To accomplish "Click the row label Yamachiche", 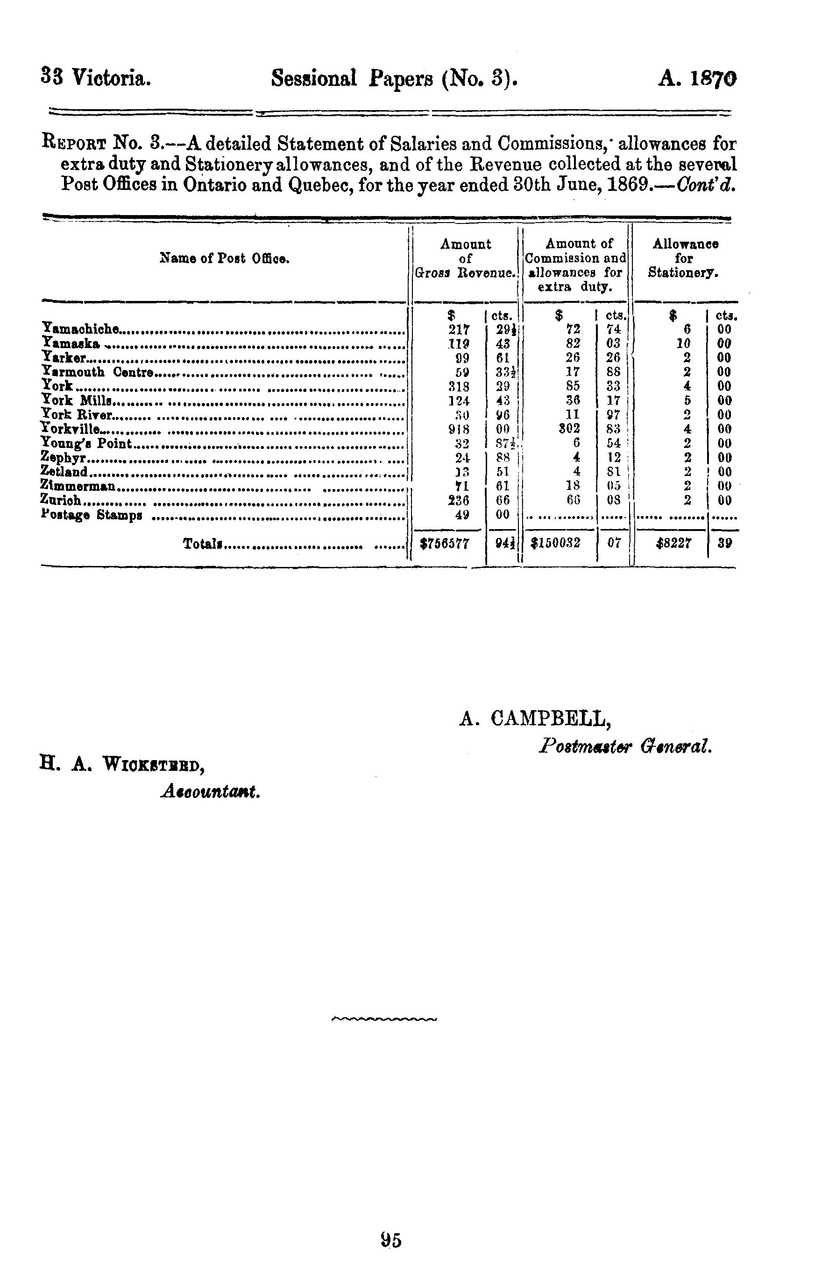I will (80, 328).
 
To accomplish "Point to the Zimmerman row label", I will (78, 486).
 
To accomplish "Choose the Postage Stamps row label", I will (92, 515).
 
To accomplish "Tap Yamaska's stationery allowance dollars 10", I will (684, 343).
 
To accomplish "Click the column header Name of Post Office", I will (225, 258).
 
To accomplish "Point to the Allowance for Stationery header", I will (684, 258).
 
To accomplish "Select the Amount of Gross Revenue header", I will (465, 258).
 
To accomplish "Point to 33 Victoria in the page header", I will (96, 78).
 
